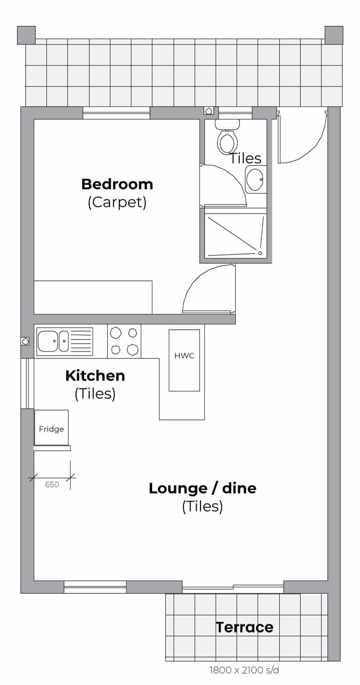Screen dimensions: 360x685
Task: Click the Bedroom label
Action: click(x=117, y=184)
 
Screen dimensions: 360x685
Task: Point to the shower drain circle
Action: click(x=260, y=253)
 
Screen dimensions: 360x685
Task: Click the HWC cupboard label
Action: click(x=184, y=356)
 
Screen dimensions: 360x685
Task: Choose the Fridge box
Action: click(x=51, y=427)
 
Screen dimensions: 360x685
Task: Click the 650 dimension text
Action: click(x=52, y=484)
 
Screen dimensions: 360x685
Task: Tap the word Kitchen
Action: click(x=95, y=376)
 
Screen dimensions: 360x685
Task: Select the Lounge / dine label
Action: click(x=202, y=488)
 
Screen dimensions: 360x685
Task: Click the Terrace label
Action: click(x=244, y=627)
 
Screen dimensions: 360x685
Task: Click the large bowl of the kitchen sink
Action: click(x=47, y=341)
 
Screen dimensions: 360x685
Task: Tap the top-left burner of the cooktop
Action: click(x=116, y=333)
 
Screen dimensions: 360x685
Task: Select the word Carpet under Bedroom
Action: click(x=117, y=202)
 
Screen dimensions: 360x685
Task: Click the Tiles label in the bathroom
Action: click(x=245, y=158)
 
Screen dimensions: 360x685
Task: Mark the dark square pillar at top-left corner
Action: click(x=26, y=35)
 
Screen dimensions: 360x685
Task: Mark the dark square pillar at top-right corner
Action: click(x=334, y=35)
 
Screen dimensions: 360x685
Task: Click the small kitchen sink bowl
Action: click(x=64, y=341)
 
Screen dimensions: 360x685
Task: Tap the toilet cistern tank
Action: click(x=227, y=124)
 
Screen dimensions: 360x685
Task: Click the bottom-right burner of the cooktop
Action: click(x=132, y=349)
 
